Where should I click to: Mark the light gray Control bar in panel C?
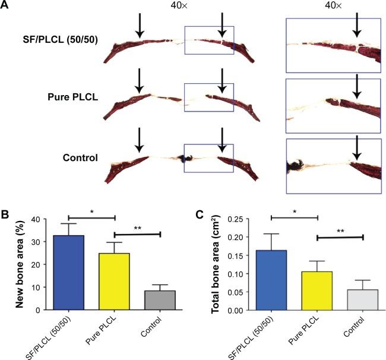click(x=363, y=300)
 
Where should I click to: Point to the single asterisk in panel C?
click(x=294, y=211)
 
